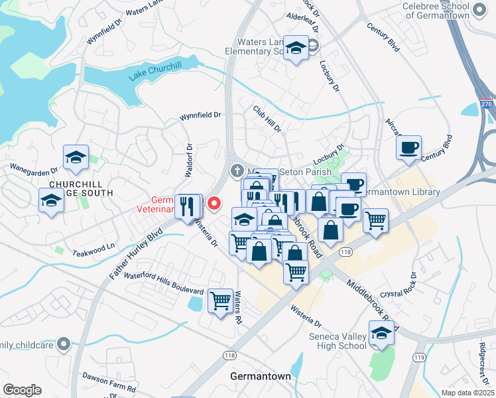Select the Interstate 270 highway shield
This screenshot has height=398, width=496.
(487, 105)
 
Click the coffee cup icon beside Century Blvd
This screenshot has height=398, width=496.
(408, 147)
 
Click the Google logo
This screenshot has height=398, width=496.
(22, 389)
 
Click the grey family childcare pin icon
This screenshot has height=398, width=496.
(63, 344)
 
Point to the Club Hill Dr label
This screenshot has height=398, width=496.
(268, 118)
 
